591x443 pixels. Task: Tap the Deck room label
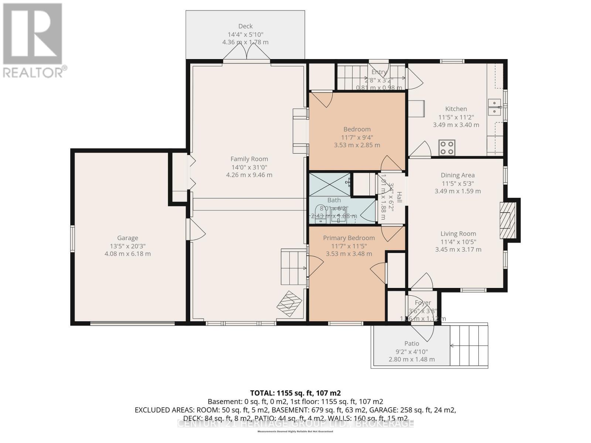245,26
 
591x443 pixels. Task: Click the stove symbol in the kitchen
447,148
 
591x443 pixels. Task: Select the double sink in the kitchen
494,107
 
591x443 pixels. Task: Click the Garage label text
127,238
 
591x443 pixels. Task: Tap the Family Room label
249,159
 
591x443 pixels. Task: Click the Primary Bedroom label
349,238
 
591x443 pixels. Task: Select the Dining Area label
457,175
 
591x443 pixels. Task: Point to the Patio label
411,343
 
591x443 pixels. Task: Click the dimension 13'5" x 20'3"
127,246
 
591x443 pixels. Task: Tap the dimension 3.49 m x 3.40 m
456,125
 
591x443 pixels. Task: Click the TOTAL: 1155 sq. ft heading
295,393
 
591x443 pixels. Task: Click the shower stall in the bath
329,184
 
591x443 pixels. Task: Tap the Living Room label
458,234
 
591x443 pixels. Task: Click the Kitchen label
456,109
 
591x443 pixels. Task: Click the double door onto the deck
246,55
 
